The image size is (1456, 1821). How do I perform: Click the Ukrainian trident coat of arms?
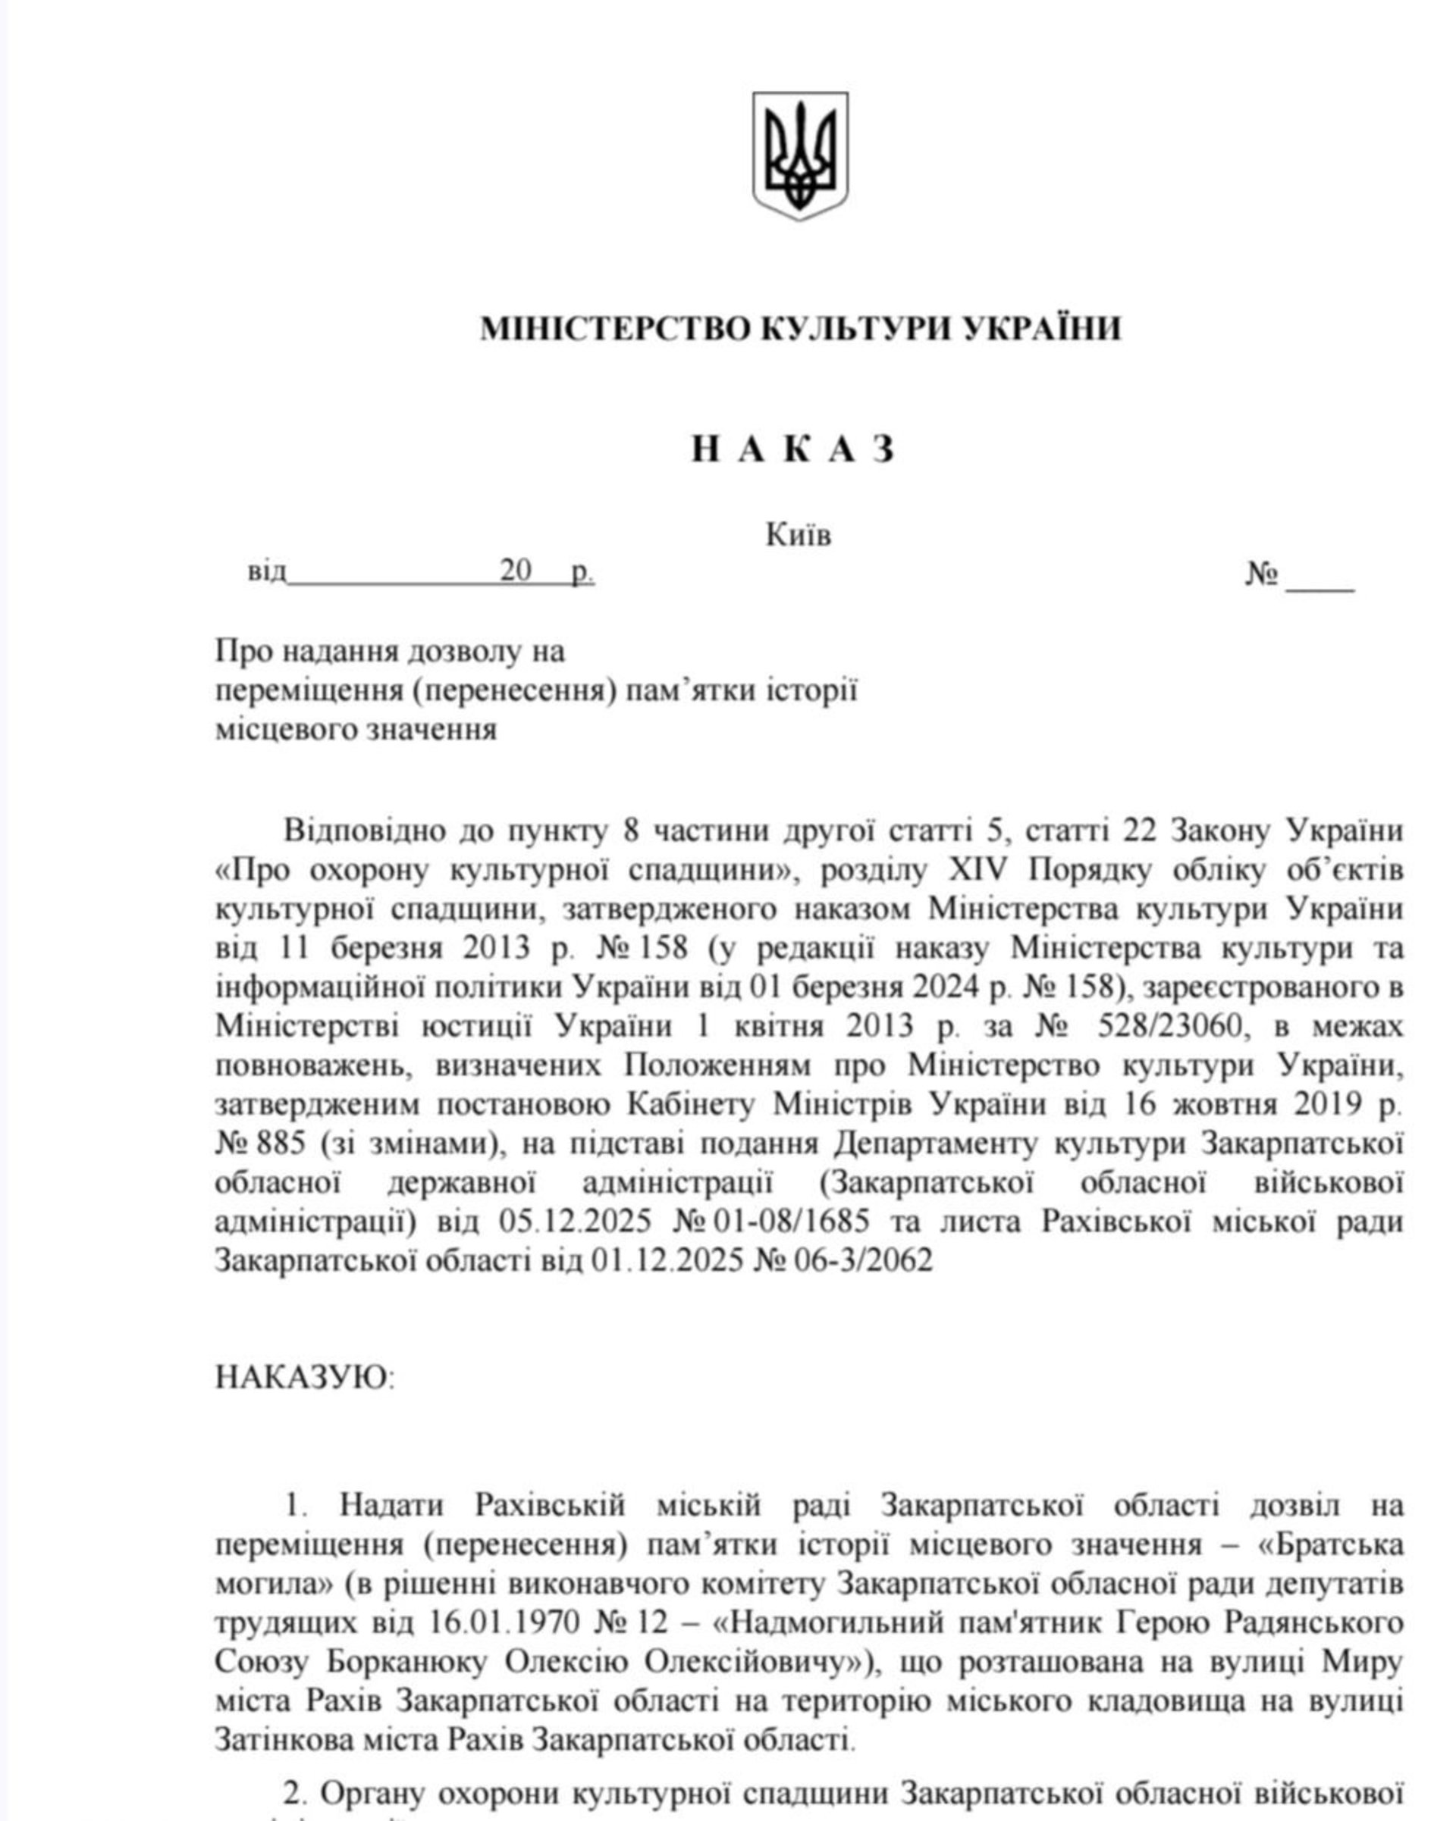[x=799, y=155]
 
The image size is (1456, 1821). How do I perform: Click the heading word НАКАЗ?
[x=792, y=449]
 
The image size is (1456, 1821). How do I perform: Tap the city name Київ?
[x=798, y=535]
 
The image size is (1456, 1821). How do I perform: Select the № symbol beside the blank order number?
[x=1262, y=575]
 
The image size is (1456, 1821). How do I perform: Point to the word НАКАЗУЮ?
[x=303, y=1377]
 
